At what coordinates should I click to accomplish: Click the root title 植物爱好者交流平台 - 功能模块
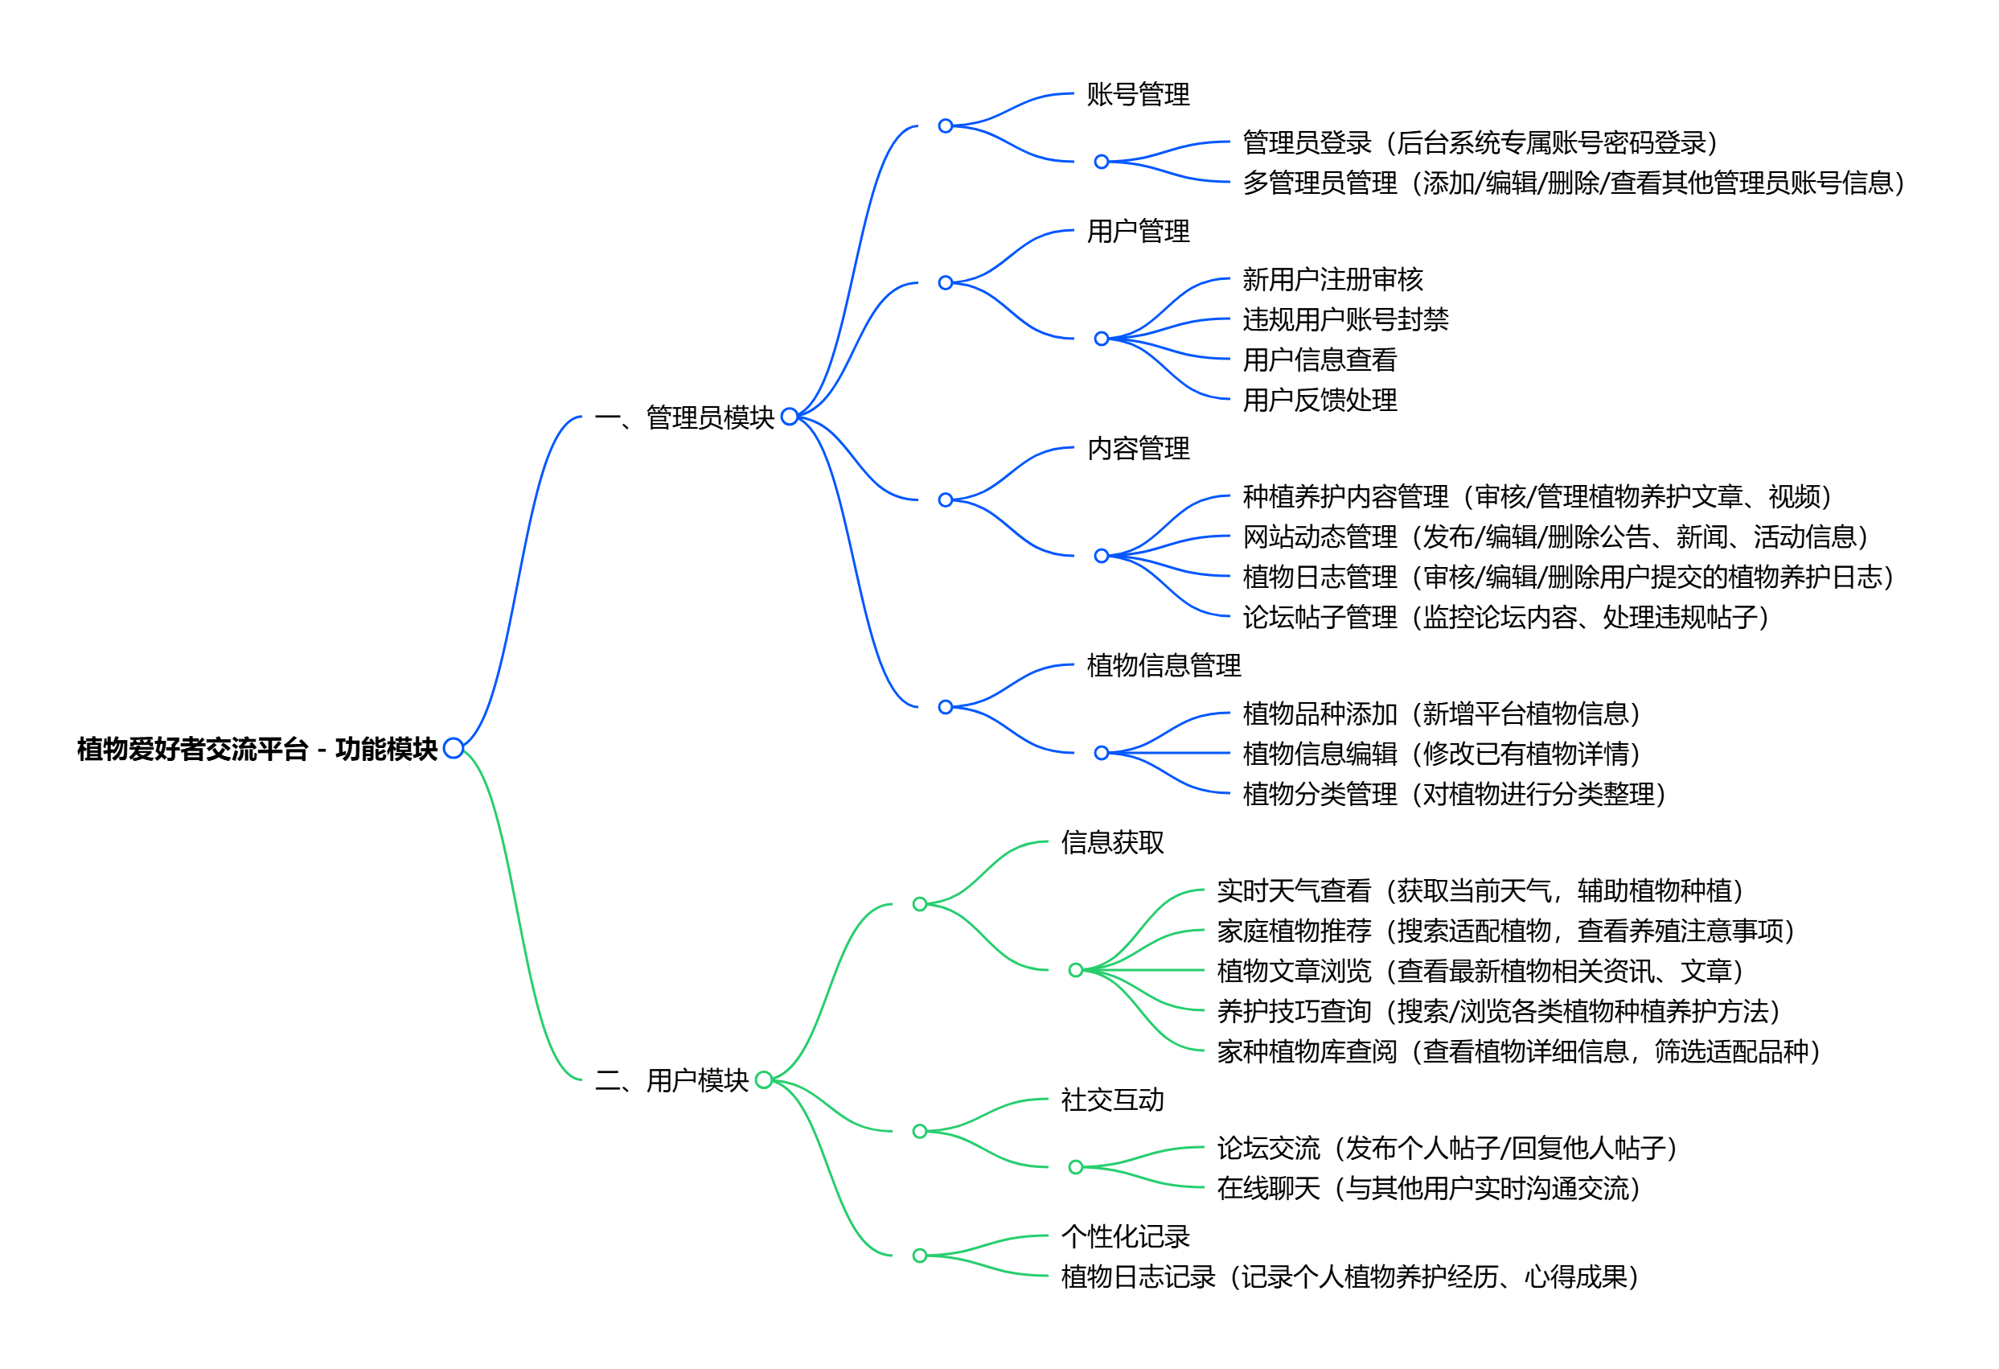[x=257, y=750]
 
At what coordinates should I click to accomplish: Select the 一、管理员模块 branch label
[x=683, y=417]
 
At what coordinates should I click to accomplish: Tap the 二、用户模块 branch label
[x=671, y=1080]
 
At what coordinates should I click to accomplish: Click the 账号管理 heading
[x=1137, y=94]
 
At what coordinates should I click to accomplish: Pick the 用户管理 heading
[x=1137, y=231]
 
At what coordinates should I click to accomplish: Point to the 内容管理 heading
[x=1137, y=448]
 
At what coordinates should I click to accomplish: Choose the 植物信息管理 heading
[x=1163, y=665]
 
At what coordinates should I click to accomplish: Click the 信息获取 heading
[x=1111, y=842]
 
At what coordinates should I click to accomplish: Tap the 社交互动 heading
[x=1111, y=1100]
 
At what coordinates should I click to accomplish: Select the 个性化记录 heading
[x=1124, y=1236]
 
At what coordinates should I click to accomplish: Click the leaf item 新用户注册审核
[x=1332, y=280]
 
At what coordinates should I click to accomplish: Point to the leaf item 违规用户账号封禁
[x=1344, y=319]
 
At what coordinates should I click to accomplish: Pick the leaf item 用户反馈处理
[x=1320, y=400]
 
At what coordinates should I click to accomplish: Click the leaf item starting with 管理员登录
[x=1480, y=142]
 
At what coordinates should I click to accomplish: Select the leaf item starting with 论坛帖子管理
[x=1505, y=617]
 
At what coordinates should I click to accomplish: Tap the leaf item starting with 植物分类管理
[x=1454, y=793]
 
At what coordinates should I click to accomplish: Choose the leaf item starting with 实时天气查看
[x=1480, y=890]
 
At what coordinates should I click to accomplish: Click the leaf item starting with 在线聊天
[x=1428, y=1188]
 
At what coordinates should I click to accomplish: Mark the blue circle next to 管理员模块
[x=789, y=417]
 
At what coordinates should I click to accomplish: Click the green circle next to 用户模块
[x=763, y=1080]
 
